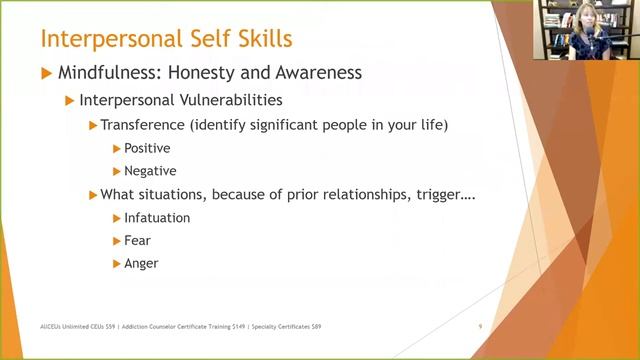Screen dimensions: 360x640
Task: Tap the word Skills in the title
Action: point(264,40)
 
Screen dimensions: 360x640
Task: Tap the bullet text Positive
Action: point(147,148)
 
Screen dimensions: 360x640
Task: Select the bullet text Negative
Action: point(151,171)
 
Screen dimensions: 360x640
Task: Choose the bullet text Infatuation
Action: point(157,217)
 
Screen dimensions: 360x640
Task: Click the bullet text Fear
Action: point(138,240)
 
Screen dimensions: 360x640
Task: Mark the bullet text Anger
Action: point(141,263)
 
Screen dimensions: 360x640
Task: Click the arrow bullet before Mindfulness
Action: point(46,73)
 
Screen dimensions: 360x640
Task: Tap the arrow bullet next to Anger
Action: point(117,263)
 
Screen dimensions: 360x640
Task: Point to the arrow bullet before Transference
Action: point(93,125)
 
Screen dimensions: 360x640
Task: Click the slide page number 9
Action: point(481,326)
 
